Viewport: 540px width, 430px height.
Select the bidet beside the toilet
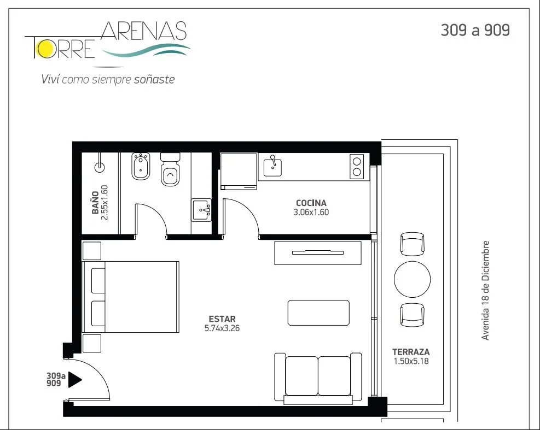pyautogui.click(x=141, y=166)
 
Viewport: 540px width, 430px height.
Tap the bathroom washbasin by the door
pyautogui.click(x=201, y=210)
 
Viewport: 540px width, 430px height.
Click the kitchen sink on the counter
pyautogui.click(x=272, y=167)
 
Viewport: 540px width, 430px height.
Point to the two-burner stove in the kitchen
pyautogui.click(x=357, y=167)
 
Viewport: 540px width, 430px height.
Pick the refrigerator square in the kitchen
pyautogui.click(x=239, y=171)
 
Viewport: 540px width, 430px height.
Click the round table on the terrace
pyautogui.click(x=412, y=279)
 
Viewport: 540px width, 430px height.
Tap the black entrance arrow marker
pyautogui.click(x=75, y=379)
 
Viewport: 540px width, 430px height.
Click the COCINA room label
pyautogui.click(x=311, y=203)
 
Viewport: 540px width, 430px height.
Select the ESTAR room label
pyautogui.click(x=222, y=319)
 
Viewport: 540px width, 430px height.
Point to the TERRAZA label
pyautogui.click(x=411, y=352)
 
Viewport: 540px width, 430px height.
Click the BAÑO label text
pyautogui.click(x=95, y=203)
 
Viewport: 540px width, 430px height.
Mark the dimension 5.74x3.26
pyautogui.click(x=222, y=328)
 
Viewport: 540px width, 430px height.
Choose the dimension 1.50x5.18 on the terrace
pyautogui.click(x=411, y=361)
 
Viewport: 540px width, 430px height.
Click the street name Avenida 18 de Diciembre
pyautogui.click(x=485, y=291)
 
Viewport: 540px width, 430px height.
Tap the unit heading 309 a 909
pyautogui.click(x=475, y=30)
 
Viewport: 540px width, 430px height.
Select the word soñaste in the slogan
pyautogui.click(x=154, y=79)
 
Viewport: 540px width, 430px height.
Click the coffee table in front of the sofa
pyautogui.click(x=318, y=313)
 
